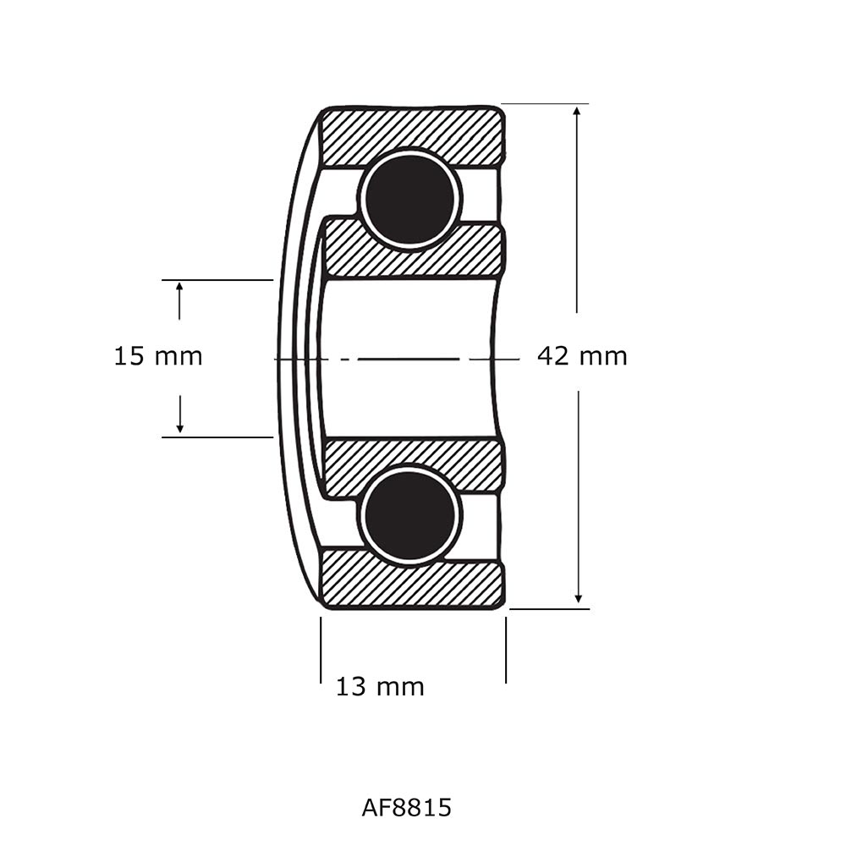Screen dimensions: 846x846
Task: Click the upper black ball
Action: coord(410,199)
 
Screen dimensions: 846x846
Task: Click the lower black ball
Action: coord(410,515)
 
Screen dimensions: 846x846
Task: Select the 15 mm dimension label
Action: coord(158,356)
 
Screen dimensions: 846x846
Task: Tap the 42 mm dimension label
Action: coord(582,356)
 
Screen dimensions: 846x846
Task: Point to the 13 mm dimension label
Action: coord(380,686)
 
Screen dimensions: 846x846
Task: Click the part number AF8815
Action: coord(406,808)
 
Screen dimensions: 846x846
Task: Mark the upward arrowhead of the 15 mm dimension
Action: coord(179,288)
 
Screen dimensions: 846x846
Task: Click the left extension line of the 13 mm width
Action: coord(321,650)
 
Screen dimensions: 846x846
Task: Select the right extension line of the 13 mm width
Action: coord(506,650)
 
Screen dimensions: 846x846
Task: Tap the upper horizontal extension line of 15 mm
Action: coord(217,279)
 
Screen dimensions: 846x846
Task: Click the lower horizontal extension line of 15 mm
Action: coord(217,437)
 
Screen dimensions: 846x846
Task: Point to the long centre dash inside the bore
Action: coord(408,360)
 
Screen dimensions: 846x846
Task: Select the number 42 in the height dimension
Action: coord(554,356)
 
